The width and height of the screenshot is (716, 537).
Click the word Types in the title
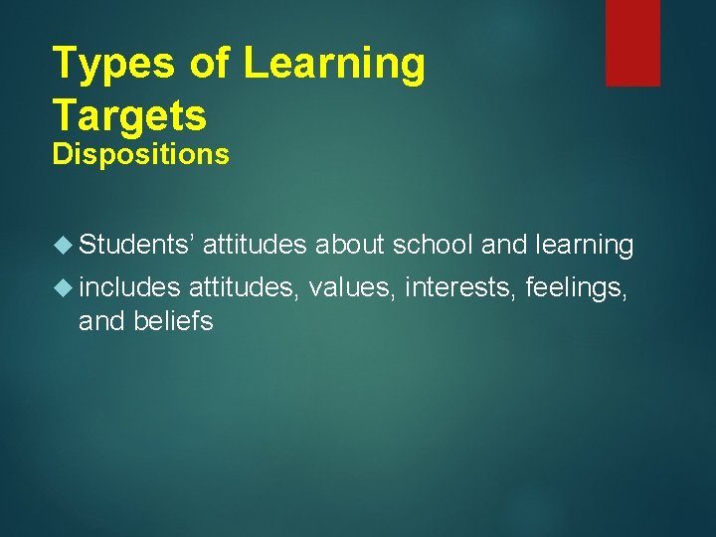pos(113,65)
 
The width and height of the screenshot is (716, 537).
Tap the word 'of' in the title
pos(209,65)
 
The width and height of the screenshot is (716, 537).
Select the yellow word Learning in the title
pos(334,65)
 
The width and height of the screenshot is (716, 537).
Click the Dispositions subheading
pos(140,154)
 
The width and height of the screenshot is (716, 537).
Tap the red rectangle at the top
pos(632,42)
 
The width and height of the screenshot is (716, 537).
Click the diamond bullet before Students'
pos(66,245)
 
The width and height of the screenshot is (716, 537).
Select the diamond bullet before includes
pos(66,288)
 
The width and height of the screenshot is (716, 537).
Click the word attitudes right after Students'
pos(256,245)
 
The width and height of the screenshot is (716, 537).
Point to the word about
pos(350,245)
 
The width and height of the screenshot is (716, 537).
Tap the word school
pos(434,245)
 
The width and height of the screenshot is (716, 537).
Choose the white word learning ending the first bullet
pos(584,245)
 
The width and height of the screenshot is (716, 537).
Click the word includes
pos(129,288)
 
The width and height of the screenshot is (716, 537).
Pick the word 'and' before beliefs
pos(101,321)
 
